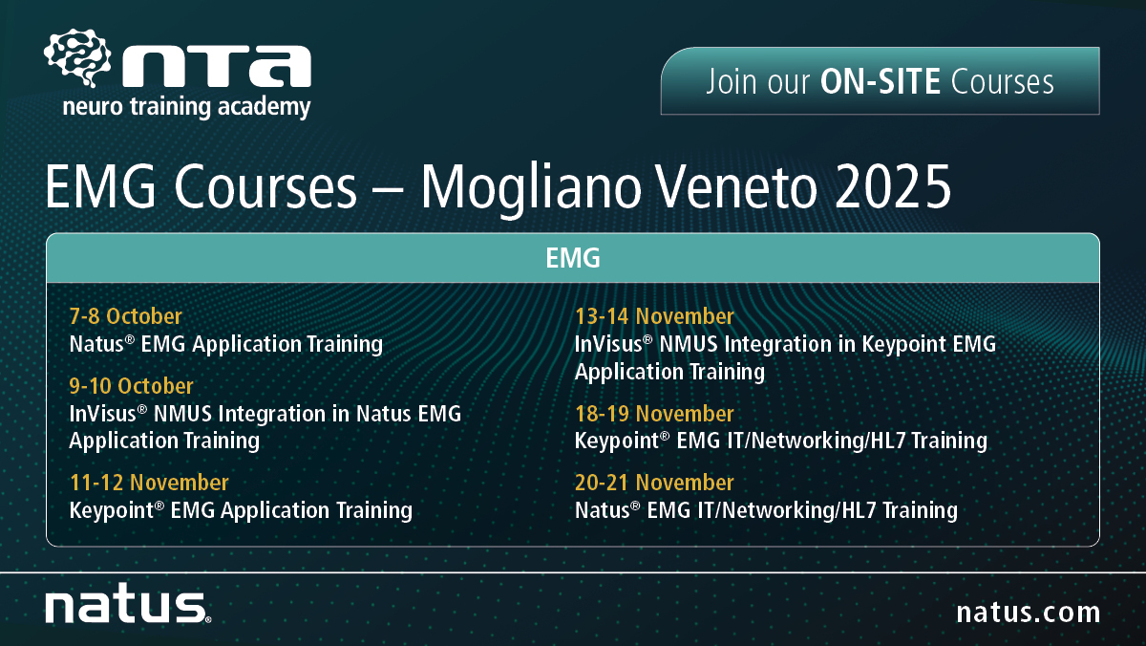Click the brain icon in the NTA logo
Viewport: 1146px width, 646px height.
77,57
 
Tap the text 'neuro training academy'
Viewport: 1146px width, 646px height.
187,107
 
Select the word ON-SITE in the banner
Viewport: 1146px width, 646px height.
881,81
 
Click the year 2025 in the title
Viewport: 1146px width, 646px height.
893,187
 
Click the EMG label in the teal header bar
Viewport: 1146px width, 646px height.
572,258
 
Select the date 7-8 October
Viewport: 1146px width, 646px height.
125,316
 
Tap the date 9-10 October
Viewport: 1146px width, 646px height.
131,386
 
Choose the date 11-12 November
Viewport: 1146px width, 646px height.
149,483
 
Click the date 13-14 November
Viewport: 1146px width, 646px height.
654,316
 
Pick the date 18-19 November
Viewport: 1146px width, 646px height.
654,414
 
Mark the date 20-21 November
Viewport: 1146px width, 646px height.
654,483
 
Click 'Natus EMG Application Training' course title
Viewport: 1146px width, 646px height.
225,344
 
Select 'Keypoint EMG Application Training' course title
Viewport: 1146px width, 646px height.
241,511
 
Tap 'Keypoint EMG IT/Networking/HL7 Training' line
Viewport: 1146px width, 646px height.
781,441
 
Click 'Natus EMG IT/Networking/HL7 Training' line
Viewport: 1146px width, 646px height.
766,511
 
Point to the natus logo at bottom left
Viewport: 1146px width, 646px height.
128,604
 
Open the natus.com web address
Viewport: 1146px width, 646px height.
1029,613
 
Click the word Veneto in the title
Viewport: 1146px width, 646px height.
737,187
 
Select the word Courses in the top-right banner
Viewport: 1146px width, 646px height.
1002,81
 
